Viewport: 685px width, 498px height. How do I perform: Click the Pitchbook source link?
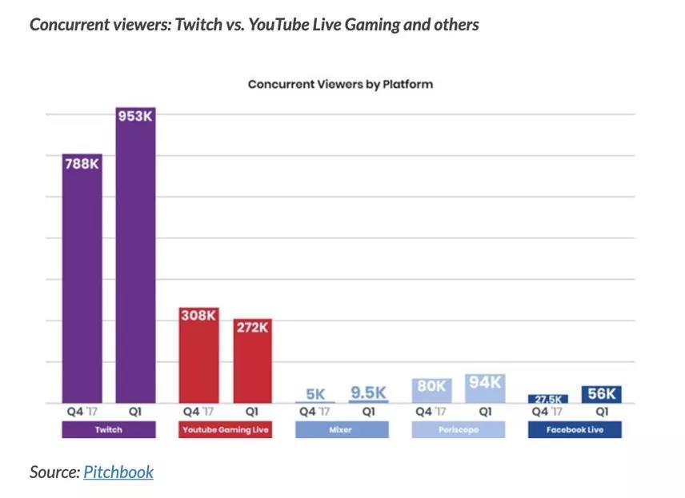coord(118,472)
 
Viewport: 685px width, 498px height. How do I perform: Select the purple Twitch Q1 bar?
coord(135,264)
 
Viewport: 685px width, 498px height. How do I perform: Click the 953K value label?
coord(135,117)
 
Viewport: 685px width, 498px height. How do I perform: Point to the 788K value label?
coord(82,164)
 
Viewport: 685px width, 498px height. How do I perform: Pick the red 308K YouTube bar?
coord(198,360)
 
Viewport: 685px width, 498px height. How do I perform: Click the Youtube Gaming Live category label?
coord(226,430)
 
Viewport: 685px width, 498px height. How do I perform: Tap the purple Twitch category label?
coord(109,430)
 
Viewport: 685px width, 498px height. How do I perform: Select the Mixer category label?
coord(342,430)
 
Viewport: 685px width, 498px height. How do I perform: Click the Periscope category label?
coord(459,430)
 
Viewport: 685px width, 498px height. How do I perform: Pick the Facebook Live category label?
coord(575,430)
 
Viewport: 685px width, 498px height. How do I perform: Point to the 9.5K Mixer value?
coord(369,393)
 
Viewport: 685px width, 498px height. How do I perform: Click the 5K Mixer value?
coord(315,394)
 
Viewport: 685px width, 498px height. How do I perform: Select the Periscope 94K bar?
coord(485,389)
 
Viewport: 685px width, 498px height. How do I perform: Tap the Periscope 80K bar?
coord(431,391)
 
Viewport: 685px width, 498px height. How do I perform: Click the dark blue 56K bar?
coord(602,394)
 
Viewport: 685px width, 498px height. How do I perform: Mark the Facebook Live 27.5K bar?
coord(548,399)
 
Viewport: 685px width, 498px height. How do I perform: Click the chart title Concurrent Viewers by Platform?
coord(340,84)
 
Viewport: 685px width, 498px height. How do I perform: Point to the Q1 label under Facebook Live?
coord(602,412)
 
